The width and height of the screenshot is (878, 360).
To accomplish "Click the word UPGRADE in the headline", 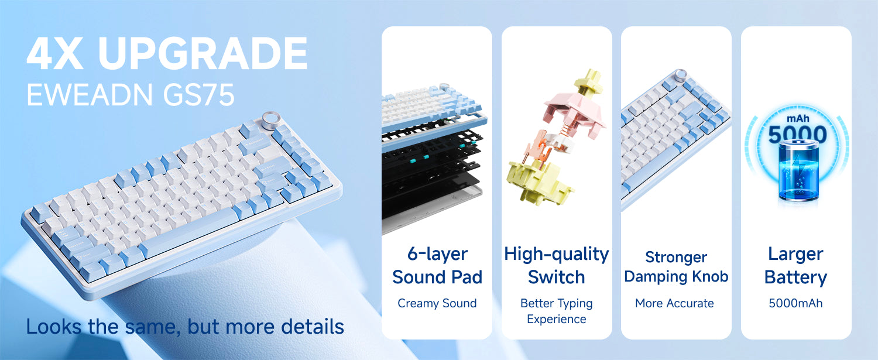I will pos(203,54).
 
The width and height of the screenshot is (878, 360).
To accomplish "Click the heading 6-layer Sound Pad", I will pos(437,265).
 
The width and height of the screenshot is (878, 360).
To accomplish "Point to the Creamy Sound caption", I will pos(437,303).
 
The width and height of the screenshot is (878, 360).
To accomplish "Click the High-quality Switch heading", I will pos(556,265).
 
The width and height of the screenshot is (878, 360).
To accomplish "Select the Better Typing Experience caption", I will pos(556,311).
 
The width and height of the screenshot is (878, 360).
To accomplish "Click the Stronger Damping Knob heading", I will pos(676,266).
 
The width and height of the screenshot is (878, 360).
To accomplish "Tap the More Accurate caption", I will pos(674,303).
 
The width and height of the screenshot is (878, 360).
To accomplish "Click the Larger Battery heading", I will pos(795,265).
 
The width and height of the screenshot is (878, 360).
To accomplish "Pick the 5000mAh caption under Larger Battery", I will pos(795,303).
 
